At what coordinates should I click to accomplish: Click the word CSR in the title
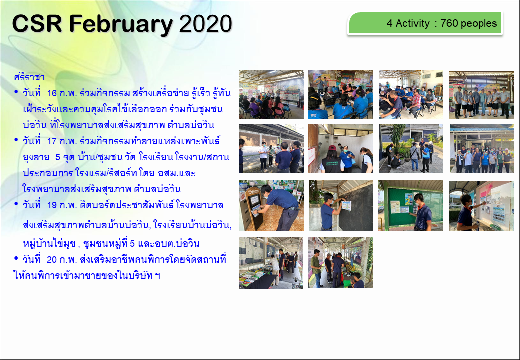click(x=37, y=24)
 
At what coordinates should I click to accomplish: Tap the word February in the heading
click(x=121, y=25)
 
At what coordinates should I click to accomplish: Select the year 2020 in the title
click(x=205, y=24)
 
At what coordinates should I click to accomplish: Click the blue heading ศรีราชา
click(x=29, y=77)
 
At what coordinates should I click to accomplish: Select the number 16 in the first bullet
click(x=52, y=93)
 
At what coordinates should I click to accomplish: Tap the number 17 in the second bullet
click(x=52, y=141)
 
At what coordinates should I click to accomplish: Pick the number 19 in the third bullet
click(x=52, y=205)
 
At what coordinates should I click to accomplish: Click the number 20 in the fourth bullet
click(x=52, y=260)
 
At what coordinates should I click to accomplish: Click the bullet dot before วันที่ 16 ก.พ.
click(x=16, y=92)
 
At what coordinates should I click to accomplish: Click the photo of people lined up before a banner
click(x=481, y=95)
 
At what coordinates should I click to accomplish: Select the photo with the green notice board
click(x=411, y=205)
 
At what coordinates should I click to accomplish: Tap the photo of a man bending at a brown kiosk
click(x=271, y=205)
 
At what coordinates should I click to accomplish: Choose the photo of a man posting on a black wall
click(x=341, y=205)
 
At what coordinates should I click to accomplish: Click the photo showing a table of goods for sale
click(x=271, y=263)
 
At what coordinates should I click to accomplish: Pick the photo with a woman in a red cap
click(x=341, y=149)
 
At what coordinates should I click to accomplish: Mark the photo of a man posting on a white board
click(x=482, y=206)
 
